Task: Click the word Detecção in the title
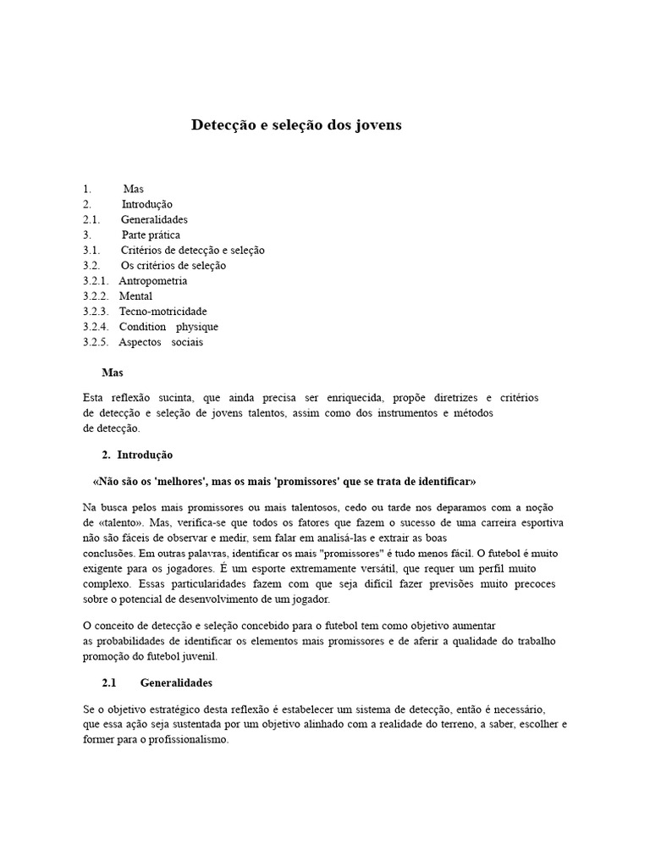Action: click(x=223, y=125)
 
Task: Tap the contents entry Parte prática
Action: click(x=151, y=235)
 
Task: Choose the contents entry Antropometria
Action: click(x=153, y=280)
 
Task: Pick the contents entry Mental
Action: click(x=136, y=295)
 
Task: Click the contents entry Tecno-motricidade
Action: click(x=162, y=311)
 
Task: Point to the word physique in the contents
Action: click(x=196, y=326)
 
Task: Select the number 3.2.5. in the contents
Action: click(x=96, y=341)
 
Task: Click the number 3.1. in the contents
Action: click(x=91, y=250)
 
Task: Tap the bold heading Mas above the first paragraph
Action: click(x=113, y=372)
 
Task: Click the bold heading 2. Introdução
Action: click(x=143, y=455)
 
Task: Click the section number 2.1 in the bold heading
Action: click(x=107, y=682)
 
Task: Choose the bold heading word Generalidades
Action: click(x=176, y=682)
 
